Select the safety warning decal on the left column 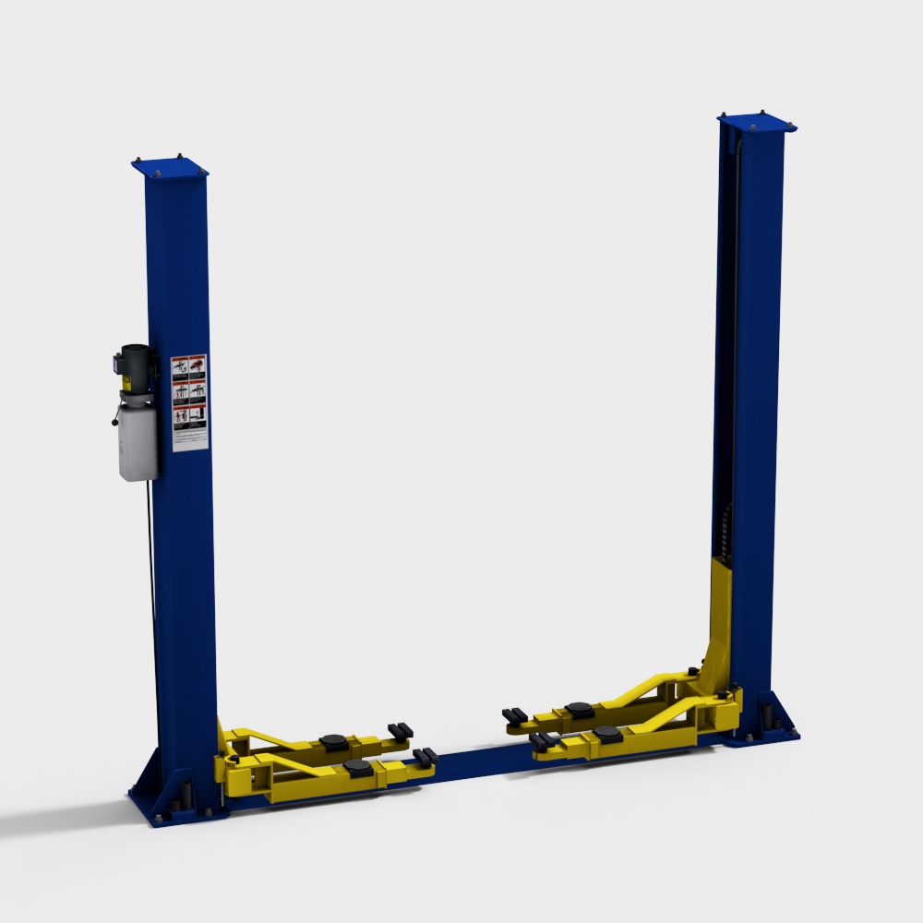(189, 402)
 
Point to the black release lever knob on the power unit (114, 423)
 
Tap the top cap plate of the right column (757, 122)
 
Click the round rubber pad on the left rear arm (332, 740)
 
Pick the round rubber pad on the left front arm (357, 768)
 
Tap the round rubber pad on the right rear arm (579, 709)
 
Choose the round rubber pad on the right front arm (606, 733)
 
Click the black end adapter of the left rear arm (401, 731)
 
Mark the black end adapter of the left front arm (426, 758)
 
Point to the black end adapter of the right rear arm (514, 715)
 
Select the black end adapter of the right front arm (544, 740)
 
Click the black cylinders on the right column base (766, 715)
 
